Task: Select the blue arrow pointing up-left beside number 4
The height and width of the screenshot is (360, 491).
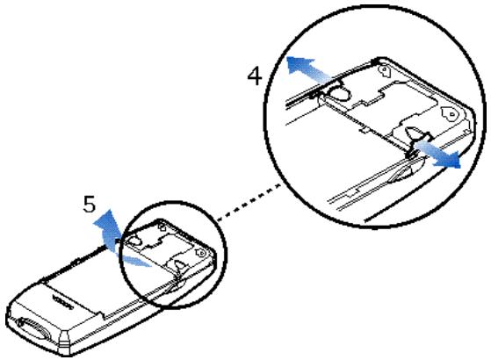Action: pos(304,64)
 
